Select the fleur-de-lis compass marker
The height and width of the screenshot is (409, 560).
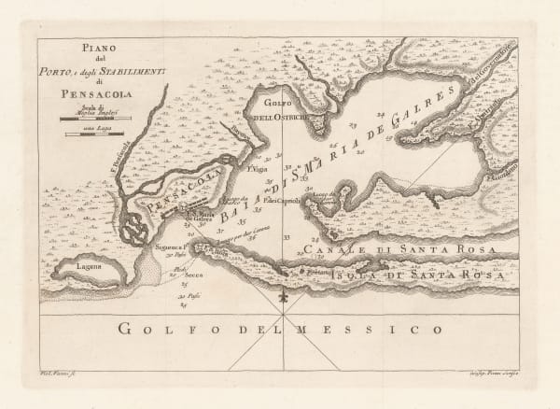pyautogui.click(x=281, y=298)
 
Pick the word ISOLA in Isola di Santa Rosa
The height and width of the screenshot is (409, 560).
pyautogui.click(x=359, y=276)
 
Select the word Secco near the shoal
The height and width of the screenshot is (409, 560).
pyautogui.click(x=194, y=277)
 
